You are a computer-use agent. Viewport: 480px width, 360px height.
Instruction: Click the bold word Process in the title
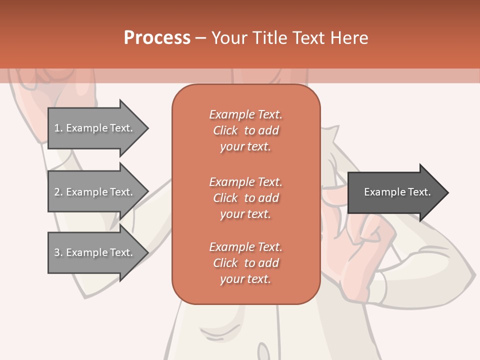tap(157, 37)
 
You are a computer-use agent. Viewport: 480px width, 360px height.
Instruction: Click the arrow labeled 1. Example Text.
tap(95, 128)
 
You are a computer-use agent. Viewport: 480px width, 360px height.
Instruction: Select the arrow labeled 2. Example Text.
tap(95, 192)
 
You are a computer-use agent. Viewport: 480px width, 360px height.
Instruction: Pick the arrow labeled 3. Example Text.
tap(95, 252)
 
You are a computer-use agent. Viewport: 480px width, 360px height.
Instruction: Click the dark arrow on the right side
tap(395, 192)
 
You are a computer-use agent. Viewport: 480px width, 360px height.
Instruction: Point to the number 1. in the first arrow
tap(58, 128)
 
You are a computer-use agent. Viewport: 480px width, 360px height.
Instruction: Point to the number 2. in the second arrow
tap(58, 192)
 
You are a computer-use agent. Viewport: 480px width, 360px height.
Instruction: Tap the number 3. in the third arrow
tap(58, 252)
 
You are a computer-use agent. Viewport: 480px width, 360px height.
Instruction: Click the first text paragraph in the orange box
tap(245, 130)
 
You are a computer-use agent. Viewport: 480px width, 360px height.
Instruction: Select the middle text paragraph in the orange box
tap(245, 197)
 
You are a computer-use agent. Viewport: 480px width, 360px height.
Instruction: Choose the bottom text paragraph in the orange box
tap(245, 263)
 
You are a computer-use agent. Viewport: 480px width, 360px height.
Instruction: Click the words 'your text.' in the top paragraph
tap(245, 147)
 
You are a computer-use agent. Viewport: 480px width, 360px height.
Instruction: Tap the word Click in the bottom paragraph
tap(225, 263)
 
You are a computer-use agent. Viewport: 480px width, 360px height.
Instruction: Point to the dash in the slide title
tap(200, 37)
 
